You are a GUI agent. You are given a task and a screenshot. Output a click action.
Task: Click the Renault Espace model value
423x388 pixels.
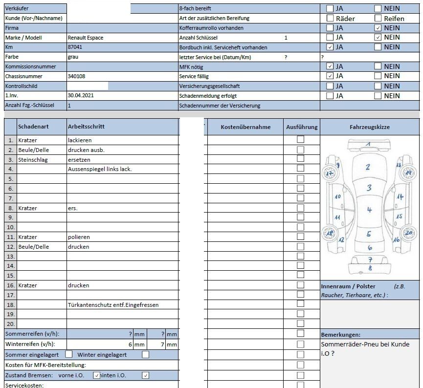(x=86, y=38)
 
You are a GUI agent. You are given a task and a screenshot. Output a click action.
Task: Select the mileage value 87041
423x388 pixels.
(x=75, y=47)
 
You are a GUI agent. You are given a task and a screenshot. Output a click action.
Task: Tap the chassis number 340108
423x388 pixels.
(x=76, y=76)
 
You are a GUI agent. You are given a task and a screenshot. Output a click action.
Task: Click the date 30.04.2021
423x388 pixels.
(x=81, y=95)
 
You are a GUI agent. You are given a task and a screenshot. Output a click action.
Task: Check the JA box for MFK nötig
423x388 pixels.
(x=330, y=66)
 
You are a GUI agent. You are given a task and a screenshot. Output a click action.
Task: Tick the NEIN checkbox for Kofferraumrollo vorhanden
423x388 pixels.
(x=378, y=28)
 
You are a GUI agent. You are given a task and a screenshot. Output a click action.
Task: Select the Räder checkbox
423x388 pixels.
(x=330, y=18)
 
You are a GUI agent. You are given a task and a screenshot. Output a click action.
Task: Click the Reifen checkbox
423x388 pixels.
(x=378, y=18)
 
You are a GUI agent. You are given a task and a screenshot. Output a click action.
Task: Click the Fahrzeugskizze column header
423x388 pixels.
(x=370, y=127)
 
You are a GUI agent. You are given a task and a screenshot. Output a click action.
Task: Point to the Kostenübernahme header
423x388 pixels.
(x=245, y=127)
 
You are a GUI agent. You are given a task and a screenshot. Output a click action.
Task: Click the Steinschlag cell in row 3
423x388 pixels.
(x=33, y=160)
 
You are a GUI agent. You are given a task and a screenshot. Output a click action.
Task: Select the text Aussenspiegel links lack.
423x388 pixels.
(x=100, y=169)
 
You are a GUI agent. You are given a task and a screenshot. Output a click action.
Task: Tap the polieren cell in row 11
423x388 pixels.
(x=79, y=237)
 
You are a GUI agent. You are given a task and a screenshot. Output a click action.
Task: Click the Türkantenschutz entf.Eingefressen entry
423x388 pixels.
(x=113, y=305)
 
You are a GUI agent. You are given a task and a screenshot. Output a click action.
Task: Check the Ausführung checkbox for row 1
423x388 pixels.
(x=301, y=139)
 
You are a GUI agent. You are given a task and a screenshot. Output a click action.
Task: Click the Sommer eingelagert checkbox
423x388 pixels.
(x=69, y=354)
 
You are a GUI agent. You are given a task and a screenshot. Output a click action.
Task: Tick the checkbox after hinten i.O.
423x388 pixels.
(x=146, y=375)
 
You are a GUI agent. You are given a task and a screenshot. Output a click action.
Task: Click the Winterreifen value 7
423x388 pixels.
(x=162, y=345)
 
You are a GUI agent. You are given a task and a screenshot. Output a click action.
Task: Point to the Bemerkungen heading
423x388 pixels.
(x=341, y=335)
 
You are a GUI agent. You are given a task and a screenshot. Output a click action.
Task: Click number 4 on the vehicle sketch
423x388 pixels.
(x=369, y=210)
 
